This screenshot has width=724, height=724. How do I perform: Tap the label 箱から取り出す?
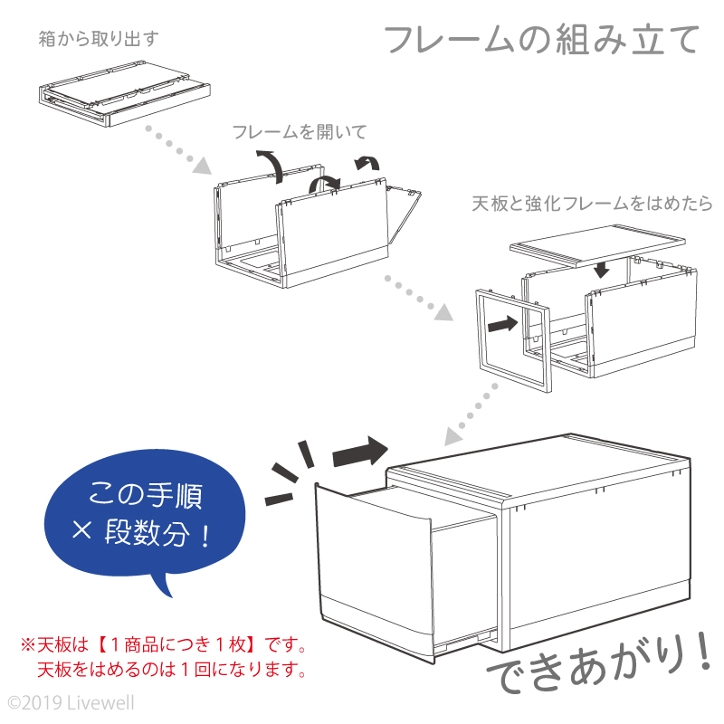100,39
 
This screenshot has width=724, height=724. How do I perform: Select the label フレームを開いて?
300,132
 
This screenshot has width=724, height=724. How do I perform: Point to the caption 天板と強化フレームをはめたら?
593,204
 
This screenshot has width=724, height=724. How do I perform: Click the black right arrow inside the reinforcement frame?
501,323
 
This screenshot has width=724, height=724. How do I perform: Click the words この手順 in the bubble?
147,495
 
